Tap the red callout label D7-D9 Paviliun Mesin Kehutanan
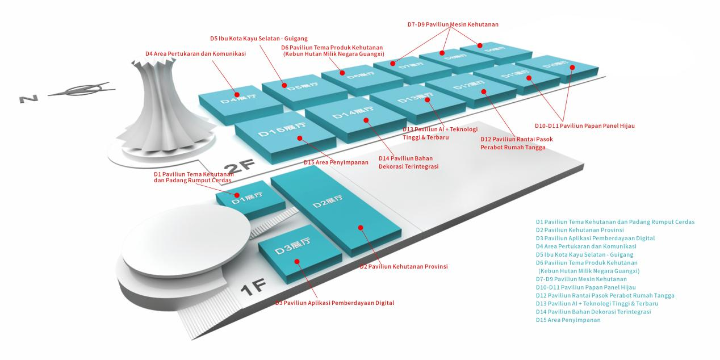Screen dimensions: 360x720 tap(453, 24)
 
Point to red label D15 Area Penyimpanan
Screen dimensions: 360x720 tap(336, 162)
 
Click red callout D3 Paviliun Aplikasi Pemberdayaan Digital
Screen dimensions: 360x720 tap(335, 303)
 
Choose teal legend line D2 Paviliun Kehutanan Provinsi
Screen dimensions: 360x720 tap(580, 230)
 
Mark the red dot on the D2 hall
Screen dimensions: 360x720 tap(360, 227)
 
